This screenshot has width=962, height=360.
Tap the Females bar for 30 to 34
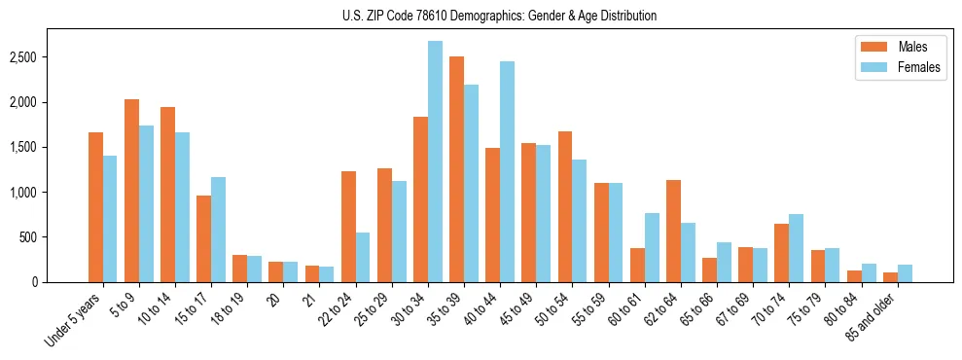(435, 162)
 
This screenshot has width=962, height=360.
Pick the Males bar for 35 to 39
(456, 169)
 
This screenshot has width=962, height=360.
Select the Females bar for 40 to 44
(507, 172)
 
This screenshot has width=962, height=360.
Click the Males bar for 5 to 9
(131, 191)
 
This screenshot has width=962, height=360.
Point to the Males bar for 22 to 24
(348, 227)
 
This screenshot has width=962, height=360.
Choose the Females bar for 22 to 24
(363, 257)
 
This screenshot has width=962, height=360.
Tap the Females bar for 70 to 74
(796, 248)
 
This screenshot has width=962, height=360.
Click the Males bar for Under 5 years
(95, 207)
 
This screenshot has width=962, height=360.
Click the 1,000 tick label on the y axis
(50, 193)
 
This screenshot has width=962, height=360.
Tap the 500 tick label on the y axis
(54, 237)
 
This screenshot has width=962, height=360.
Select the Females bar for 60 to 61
(652, 248)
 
